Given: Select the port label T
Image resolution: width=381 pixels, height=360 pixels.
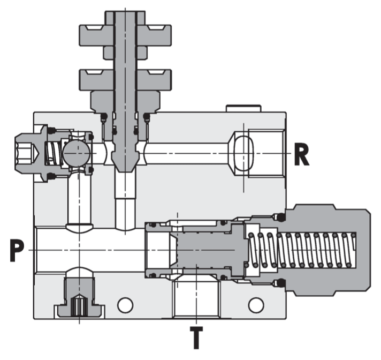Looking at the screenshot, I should tap(197, 337).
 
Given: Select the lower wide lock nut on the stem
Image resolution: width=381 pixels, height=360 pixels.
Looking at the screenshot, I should tap(125, 79).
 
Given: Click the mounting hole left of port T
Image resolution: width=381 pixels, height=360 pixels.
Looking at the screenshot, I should tap(125, 305).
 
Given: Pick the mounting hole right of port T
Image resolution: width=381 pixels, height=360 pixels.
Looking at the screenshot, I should tap(256, 305).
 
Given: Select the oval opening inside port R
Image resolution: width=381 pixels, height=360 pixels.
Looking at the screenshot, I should tap(243, 153).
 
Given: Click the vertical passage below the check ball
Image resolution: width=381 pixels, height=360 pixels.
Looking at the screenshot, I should tap(79, 198).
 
